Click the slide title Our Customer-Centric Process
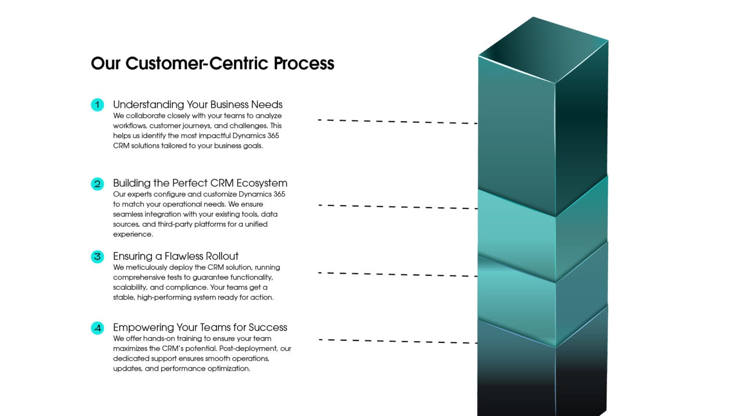coord(212,64)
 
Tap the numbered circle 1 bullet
coord(97,104)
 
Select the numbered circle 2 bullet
coord(97,183)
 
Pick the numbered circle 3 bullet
coord(97,257)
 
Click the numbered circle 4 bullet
coord(97,328)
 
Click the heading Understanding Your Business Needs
coord(197,104)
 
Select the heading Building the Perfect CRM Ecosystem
coord(200,183)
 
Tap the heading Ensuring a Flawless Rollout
coord(176,256)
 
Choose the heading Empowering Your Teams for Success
coord(200,327)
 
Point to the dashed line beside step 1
coord(397,122)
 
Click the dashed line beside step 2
coord(397,207)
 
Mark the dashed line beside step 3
coord(397,274)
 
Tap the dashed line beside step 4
coord(397,341)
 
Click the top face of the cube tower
coord(544,49)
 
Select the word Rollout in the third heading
coord(220,256)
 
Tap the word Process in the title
coord(304,64)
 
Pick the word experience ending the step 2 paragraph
coord(132,234)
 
